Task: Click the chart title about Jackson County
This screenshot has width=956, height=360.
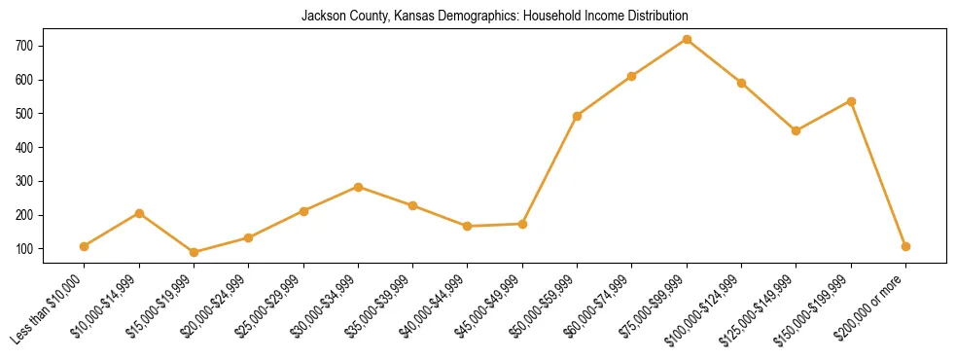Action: click(x=480, y=16)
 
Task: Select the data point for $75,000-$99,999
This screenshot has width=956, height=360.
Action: click(x=687, y=40)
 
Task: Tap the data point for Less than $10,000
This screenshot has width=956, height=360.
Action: click(x=85, y=246)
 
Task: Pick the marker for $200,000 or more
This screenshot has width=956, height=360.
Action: click(x=905, y=246)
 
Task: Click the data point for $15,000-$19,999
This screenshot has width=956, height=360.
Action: click(x=195, y=252)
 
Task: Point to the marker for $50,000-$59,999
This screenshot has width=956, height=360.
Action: click(x=578, y=116)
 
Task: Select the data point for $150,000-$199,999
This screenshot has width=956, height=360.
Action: click(x=851, y=101)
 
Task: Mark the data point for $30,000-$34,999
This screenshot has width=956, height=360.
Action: click(x=359, y=187)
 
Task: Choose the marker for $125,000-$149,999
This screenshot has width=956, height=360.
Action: click(x=797, y=130)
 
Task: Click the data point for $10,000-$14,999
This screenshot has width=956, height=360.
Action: click(x=139, y=213)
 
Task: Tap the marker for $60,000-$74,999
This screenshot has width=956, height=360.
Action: click(x=632, y=76)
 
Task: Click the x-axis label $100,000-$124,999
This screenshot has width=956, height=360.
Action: click(x=708, y=306)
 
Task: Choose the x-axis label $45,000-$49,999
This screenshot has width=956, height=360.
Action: click(x=489, y=306)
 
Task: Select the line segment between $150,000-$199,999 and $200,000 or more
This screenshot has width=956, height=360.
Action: click(x=878, y=174)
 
